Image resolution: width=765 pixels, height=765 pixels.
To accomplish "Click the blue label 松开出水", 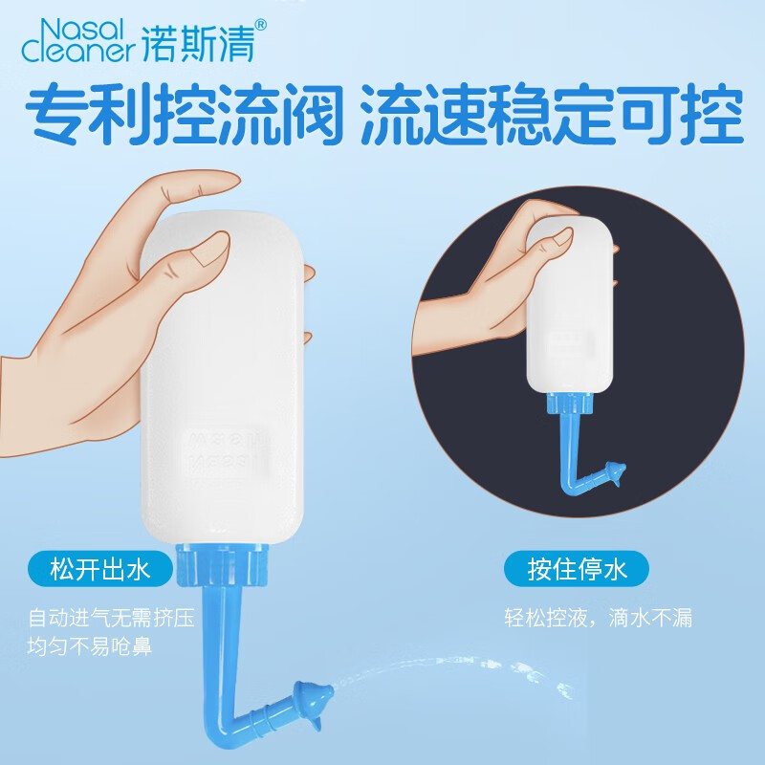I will (x=100, y=572).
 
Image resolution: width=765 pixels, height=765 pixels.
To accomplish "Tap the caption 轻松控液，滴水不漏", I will (x=599, y=618).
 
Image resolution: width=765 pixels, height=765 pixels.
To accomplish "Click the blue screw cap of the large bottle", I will (x=224, y=567).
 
